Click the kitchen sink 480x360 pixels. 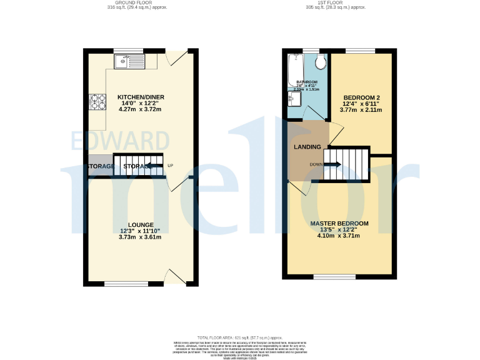[x=128, y=61]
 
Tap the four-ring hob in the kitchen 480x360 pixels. [x=99, y=101]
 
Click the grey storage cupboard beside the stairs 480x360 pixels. [x=100, y=166]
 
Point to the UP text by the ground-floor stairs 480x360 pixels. [x=170, y=166]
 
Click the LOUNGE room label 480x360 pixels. [x=140, y=224]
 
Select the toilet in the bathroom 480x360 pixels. [x=321, y=62]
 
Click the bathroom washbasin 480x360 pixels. [x=292, y=99]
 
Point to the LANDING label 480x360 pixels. [x=307, y=147]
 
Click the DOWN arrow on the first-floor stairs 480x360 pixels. [x=332, y=164]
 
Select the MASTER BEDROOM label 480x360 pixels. [x=339, y=223]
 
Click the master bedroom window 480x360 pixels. [x=334, y=277]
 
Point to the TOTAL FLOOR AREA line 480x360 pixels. [x=240, y=336]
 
